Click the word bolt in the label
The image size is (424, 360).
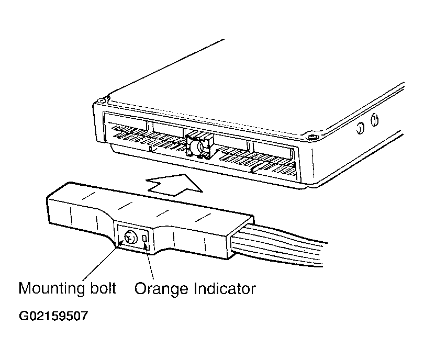[x=103, y=288]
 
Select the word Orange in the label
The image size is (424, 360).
[x=161, y=289]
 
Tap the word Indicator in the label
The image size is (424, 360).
[x=225, y=288]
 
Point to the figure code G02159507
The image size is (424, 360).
[x=53, y=316]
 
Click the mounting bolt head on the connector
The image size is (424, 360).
[x=131, y=237]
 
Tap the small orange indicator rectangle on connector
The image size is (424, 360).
[x=144, y=238]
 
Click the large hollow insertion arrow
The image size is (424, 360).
[x=174, y=185]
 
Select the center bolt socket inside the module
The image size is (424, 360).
[x=199, y=146]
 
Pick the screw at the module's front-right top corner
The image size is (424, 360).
[x=313, y=137]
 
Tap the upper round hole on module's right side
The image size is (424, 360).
[x=375, y=120]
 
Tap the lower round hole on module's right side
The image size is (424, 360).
[x=360, y=128]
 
